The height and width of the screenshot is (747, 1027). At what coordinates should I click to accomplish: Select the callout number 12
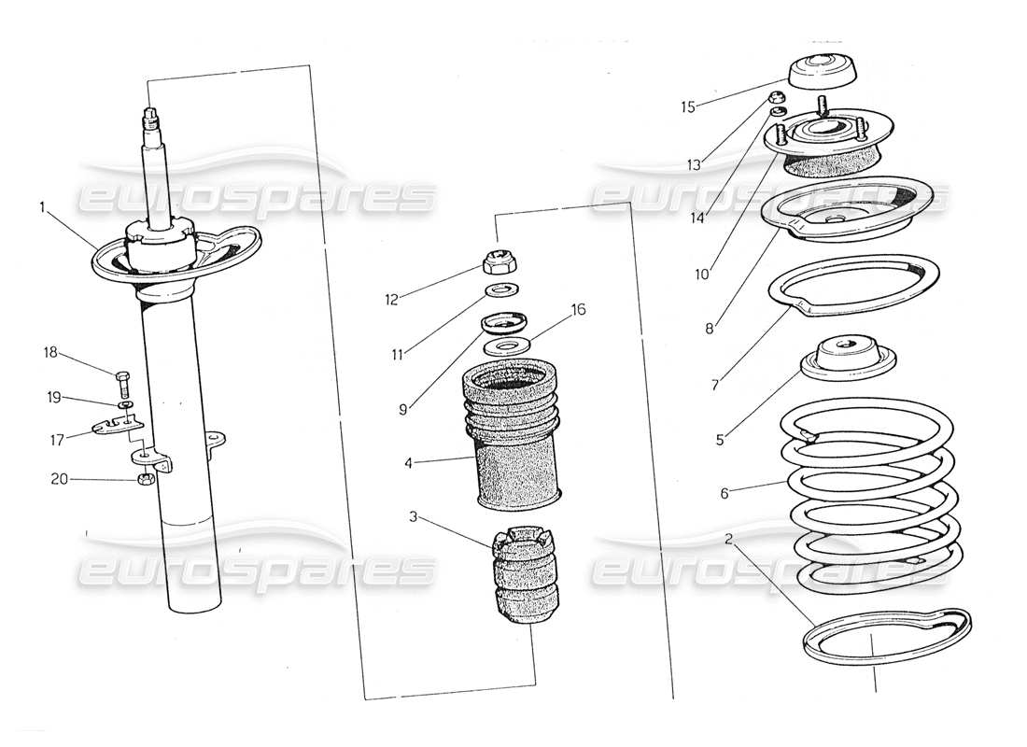pos(392,300)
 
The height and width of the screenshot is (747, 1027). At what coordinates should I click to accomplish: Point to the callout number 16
pos(579,310)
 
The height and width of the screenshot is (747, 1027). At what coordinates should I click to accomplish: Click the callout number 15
pos(688,106)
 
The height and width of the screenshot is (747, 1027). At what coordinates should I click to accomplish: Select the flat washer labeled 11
pos(501,289)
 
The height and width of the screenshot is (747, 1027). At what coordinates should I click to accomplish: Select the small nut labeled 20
pos(144,480)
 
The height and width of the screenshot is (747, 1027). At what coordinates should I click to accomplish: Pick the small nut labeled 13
pos(774,98)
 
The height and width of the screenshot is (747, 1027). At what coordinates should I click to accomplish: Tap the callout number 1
pos(42,208)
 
